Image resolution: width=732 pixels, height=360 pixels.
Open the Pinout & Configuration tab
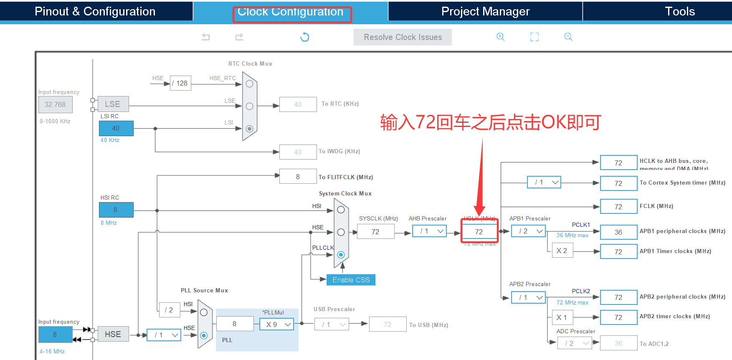coord(95,11)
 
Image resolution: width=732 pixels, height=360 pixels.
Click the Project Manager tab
coord(485,11)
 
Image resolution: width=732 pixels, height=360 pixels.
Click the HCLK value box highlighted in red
coord(479,231)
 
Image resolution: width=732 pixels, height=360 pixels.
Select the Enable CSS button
coord(351,280)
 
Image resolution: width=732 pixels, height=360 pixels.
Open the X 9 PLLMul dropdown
coord(276,325)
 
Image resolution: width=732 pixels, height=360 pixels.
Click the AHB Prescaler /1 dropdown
coord(429,231)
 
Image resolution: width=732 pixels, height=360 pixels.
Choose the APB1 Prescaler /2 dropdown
coord(528,231)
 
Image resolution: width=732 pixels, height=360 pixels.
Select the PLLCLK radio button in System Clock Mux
coord(341,254)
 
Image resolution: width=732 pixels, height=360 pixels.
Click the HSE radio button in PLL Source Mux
coord(204,335)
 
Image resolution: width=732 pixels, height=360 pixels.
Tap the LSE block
coord(113,104)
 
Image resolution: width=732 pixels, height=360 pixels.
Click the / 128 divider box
coord(180,83)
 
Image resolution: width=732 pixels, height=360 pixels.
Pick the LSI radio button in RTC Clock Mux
coord(249,129)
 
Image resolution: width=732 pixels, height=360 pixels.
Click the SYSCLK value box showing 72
coord(375,232)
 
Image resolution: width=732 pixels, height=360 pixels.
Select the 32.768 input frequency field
coord(55,104)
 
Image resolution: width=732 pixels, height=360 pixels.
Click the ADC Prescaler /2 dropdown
coord(575,343)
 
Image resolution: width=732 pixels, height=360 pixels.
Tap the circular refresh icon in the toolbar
coord(305,37)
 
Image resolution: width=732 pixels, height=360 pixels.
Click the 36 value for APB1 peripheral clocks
coord(618,232)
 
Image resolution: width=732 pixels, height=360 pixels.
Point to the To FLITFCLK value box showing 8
coord(298,177)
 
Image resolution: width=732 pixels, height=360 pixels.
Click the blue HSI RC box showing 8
coord(116,210)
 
